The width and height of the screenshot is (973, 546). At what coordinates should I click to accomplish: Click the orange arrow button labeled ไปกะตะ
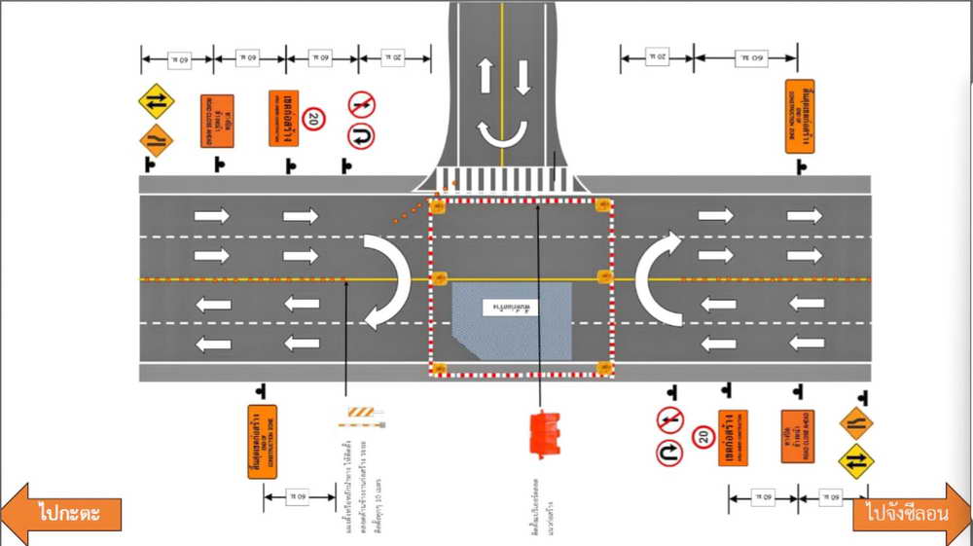64,512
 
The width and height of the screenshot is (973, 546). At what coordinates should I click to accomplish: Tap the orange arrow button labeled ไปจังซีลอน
907,513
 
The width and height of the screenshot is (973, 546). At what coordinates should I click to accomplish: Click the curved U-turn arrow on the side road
502,137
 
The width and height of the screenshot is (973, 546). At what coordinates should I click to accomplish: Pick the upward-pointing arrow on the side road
484,76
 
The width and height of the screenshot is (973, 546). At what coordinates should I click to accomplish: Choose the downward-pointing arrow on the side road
523,76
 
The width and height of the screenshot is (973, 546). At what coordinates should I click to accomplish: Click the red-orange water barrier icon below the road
542,433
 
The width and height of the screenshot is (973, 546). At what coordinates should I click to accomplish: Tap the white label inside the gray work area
509,308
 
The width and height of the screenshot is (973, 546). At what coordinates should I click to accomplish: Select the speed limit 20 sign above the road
313,120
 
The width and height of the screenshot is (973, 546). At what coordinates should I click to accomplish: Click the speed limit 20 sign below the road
703,436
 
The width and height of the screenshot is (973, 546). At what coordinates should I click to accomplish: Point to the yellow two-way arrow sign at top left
156,100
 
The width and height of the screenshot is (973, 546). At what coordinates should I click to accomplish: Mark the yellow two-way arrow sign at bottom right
856,460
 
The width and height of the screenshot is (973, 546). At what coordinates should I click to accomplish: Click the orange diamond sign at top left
156,139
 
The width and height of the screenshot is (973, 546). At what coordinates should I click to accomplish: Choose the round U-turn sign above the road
362,135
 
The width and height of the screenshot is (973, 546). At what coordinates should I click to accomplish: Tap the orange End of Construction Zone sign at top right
799,116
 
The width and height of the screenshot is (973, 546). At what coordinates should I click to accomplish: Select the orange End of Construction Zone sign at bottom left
262,441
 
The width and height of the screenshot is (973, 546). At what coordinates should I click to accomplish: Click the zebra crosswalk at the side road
502,180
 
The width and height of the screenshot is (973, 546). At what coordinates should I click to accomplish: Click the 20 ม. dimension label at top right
657,58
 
